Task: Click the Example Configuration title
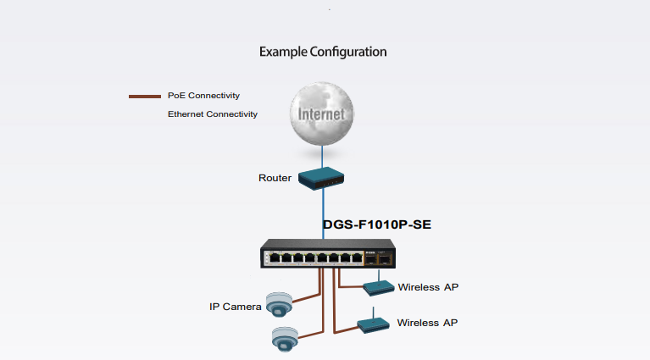(323, 52)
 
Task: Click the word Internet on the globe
(321, 114)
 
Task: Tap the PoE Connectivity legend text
(203, 96)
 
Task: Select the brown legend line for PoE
(144, 97)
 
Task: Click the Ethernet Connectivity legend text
(213, 114)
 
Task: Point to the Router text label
(275, 178)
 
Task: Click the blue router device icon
(323, 178)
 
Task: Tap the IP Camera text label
(236, 306)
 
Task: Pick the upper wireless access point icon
(379, 287)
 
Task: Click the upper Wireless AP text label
(428, 287)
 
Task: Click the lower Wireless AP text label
(428, 323)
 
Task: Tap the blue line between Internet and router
(323, 155)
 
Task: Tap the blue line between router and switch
(323, 212)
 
